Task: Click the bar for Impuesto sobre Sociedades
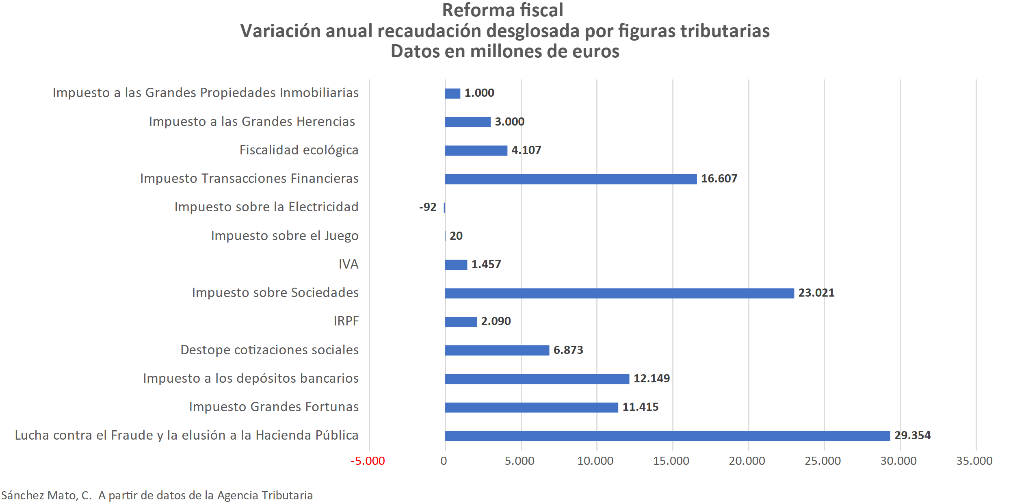point(619,293)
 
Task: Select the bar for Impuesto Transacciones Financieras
point(571,179)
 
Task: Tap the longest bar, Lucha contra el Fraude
point(667,436)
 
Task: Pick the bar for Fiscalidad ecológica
point(476,150)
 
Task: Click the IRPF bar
point(461,322)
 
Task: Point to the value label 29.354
point(912,436)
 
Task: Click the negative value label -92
point(428,207)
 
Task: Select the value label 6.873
point(568,350)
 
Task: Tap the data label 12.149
point(652,379)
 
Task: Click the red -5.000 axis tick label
point(368,461)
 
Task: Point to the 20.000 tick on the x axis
point(747,461)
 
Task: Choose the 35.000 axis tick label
point(974,461)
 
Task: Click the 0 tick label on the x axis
point(444,461)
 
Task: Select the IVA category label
point(348,265)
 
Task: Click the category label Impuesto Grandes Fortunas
point(274,407)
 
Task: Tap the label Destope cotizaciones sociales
point(269,350)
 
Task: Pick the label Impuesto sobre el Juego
point(285,236)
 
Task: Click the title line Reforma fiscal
point(503,11)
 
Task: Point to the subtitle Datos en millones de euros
point(505,52)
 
